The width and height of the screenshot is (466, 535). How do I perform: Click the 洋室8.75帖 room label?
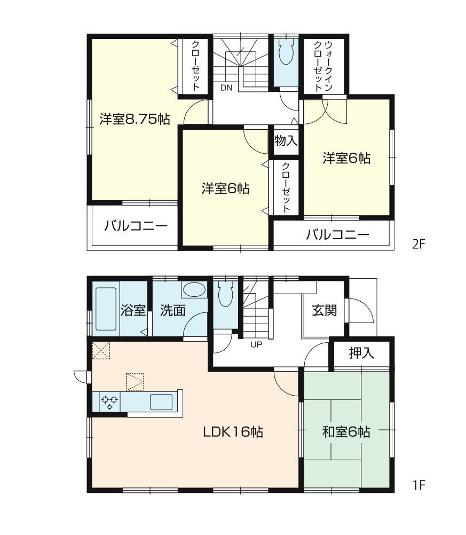click(x=135, y=119)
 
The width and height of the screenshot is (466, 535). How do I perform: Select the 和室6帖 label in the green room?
click(x=346, y=432)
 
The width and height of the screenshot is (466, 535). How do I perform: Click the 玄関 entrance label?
click(x=324, y=310)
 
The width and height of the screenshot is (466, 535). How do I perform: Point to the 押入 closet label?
click(x=361, y=353)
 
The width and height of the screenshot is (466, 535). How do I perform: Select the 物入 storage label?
click(x=286, y=141)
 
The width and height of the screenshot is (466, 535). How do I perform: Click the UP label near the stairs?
click(x=256, y=344)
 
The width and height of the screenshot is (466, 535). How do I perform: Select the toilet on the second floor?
click(x=286, y=53)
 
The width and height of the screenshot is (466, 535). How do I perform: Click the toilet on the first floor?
click(x=226, y=295)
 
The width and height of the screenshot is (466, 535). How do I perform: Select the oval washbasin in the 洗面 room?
click(x=193, y=290)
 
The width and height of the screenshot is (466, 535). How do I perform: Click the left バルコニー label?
click(x=136, y=226)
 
